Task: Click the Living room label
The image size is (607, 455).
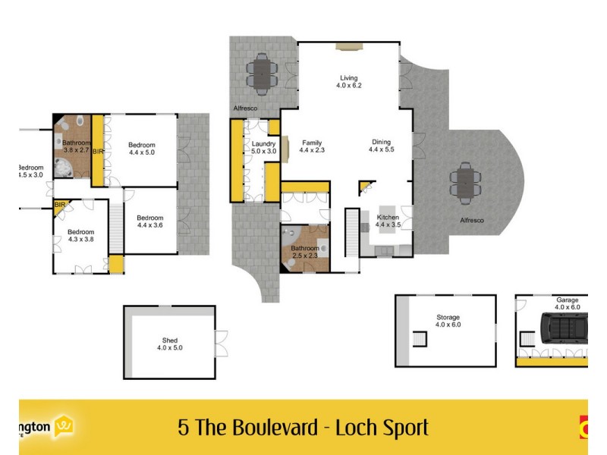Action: (348, 81)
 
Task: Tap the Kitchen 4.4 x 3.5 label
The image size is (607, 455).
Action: (388, 221)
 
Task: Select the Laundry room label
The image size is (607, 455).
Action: (263, 146)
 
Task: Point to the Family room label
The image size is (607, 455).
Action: (312, 146)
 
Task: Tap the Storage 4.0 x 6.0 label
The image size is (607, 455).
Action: (448, 321)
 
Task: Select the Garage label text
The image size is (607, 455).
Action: (566, 301)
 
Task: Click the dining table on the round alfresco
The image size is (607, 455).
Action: (464, 183)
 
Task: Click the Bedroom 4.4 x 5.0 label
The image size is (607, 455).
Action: (141, 149)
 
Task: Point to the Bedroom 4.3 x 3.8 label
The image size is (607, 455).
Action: (80, 235)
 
